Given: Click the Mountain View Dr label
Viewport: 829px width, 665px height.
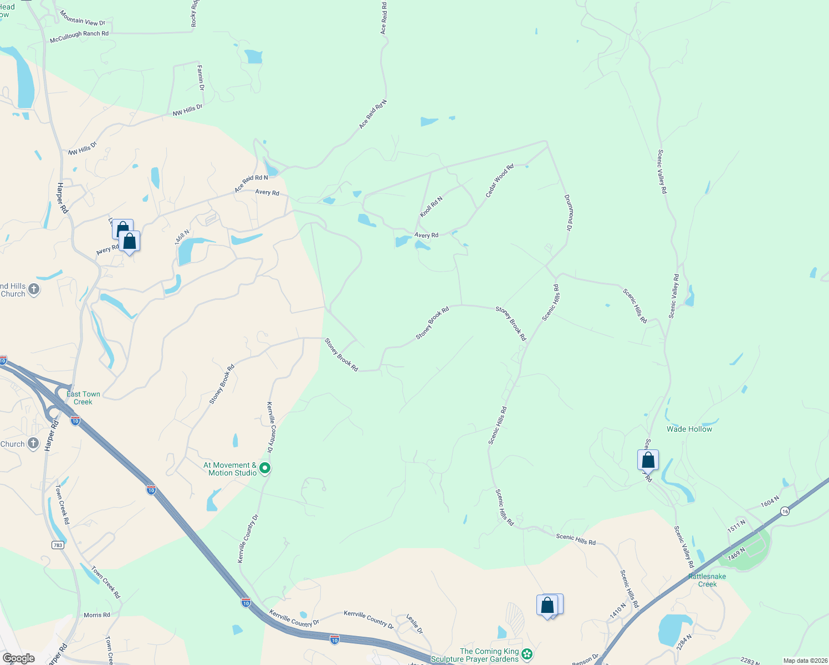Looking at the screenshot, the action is tap(82, 18).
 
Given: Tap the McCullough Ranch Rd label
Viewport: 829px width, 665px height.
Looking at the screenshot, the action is tap(79, 37).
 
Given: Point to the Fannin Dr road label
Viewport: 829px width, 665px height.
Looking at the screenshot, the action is tap(201, 78).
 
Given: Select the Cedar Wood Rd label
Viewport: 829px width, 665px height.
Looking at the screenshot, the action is tap(499, 181).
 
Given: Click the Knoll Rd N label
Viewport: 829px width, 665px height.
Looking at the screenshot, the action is tap(431, 207).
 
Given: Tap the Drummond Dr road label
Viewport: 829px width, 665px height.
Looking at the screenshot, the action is tap(568, 212).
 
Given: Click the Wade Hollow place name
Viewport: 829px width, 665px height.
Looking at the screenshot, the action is tap(689, 429).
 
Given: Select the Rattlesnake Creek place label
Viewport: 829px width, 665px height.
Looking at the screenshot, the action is tap(707, 580).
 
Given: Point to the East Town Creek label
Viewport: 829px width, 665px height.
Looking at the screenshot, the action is tap(83, 398).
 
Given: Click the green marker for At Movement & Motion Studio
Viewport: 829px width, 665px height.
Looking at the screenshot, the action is tap(265, 468).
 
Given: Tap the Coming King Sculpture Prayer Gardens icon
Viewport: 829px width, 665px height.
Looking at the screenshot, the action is tap(527, 654).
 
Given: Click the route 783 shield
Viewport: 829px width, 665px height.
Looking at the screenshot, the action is tap(58, 545).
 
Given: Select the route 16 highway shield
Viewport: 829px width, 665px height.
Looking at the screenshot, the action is tap(785, 511).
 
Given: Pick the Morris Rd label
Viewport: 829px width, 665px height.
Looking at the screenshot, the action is tap(97, 615).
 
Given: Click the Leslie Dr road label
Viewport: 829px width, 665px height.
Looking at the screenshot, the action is tap(415, 623).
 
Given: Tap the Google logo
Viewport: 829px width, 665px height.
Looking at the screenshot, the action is tap(18, 658).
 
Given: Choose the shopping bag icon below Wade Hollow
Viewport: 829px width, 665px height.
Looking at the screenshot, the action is tap(648, 461).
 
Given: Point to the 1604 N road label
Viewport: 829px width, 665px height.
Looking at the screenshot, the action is tap(770, 502).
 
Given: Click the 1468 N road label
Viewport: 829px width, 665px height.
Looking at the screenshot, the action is tap(182, 237).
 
